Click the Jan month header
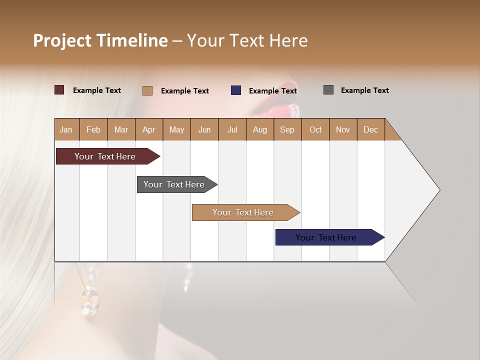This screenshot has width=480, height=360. click(x=66, y=129)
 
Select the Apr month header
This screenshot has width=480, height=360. click(x=148, y=129)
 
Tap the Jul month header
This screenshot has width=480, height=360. click(x=232, y=129)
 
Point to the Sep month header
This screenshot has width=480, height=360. click(x=287, y=129)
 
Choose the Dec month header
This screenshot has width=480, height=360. click(x=370, y=129)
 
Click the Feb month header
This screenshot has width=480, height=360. click(x=93, y=129)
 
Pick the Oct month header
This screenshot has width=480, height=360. click(x=315, y=129)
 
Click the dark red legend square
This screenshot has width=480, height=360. click(x=59, y=90)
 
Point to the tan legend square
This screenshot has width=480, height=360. click(x=147, y=90)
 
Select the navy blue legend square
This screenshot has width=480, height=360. click(x=236, y=90)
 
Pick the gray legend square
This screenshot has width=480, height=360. click(x=328, y=90)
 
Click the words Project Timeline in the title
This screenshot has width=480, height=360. click(x=100, y=40)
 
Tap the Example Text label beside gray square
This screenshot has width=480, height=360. click(x=364, y=90)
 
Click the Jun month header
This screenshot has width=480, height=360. click(x=204, y=129)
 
